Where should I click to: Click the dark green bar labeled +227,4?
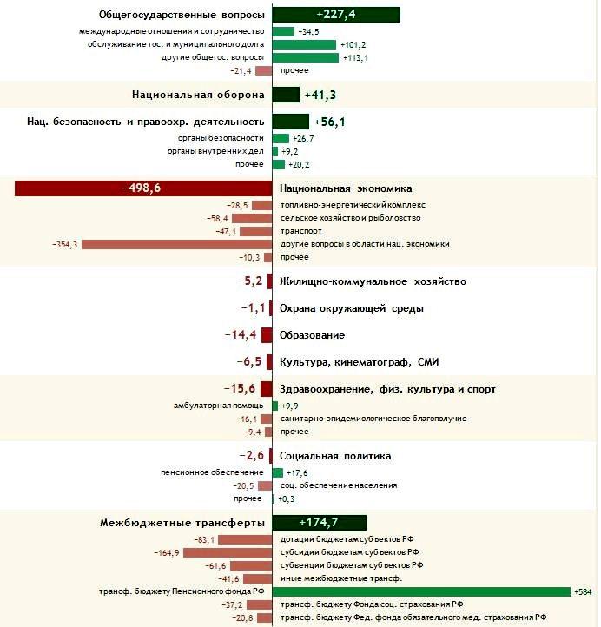pos(336,15)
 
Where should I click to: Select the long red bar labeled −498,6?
pos(143,188)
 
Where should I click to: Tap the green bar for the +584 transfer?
pos(421,591)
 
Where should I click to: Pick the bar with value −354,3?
pos(177,244)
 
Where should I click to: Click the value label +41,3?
pos(320,96)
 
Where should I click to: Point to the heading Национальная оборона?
pos(198,95)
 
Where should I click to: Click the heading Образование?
pos(312,335)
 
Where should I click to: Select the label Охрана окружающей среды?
pos(352,308)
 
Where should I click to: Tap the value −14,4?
pos(241,334)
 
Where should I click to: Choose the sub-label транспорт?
pos(301,231)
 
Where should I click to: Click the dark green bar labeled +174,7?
pos(320,523)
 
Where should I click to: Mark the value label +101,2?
pos(353,45)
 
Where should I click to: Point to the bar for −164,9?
pos(228,553)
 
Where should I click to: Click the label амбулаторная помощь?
pos(218,406)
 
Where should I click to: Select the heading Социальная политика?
pos(335,456)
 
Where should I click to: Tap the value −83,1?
pos(204,540)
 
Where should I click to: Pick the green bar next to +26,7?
pos(281,138)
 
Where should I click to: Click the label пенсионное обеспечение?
pos(212,472)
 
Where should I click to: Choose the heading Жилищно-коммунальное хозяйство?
pos(373,281)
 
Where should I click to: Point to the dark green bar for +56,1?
pos(291,122)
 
